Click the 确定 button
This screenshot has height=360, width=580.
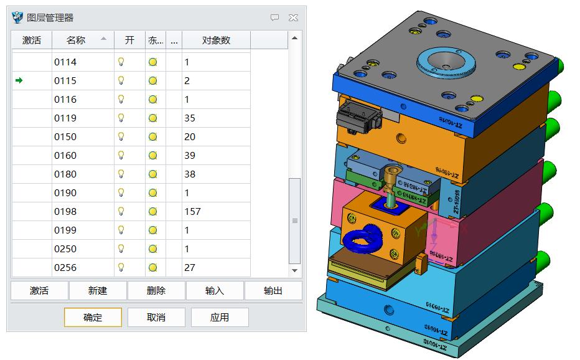[x=93, y=317]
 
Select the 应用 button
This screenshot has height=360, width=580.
[x=219, y=317]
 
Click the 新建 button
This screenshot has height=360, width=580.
[x=98, y=290]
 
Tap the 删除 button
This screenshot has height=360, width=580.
[x=156, y=290]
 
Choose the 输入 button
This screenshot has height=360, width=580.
[x=215, y=290]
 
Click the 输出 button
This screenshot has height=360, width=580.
[x=273, y=290]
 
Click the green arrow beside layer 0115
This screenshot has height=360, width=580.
[x=19, y=80]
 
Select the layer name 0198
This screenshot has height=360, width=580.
[x=65, y=211]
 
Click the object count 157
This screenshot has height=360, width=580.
[x=193, y=211]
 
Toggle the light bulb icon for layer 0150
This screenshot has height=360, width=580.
[x=121, y=136]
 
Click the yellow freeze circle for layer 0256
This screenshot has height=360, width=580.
[x=152, y=267]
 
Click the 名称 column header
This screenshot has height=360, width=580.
[x=76, y=40]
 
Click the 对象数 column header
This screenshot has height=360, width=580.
[x=216, y=40]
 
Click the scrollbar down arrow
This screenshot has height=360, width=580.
[x=295, y=270]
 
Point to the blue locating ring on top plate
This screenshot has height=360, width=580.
[x=446, y=61]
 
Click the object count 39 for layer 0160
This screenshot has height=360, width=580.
[x=190, y=155]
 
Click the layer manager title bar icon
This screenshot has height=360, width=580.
[x=17, y=17]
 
